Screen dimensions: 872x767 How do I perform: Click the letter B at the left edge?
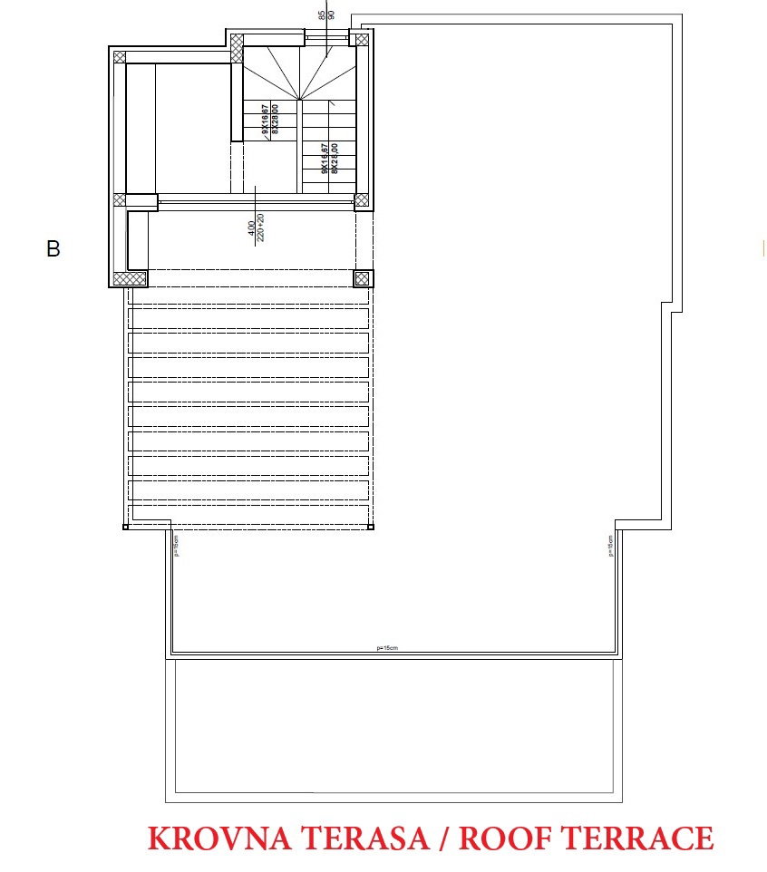click(x=53, y=248)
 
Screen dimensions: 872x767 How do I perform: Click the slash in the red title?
click(x=442, y=838)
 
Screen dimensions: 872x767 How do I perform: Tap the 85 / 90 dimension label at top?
click(x=326, y=15)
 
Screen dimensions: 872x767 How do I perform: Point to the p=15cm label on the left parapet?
click(x=176, y=545)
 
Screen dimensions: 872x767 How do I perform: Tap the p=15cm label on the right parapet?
click(x=611, y=545)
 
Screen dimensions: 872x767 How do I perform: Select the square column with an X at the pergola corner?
click(x=363, y=278)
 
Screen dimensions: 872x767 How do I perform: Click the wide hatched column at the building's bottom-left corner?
click(x=131, y=278)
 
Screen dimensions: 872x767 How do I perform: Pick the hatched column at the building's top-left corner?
click(x=119, y=55)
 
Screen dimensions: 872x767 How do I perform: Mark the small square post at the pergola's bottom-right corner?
click(x=372, y=526)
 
